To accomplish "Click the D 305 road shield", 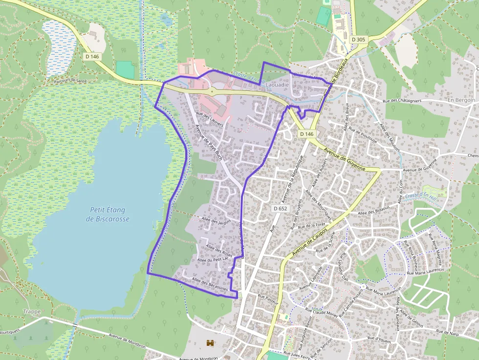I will [x=358, y=40].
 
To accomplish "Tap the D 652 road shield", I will [x=280, y=209].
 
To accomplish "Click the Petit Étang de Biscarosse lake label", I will [x=108, y=214].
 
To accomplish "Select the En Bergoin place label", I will [x=461, y=100].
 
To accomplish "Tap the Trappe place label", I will [x=32, y=311].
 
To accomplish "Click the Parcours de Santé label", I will [x=71, y=80].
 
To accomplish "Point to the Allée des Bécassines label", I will [x=210, y=284].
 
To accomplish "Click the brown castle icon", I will [x=211, y=343].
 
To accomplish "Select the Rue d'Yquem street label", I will [x=379, y=339].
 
